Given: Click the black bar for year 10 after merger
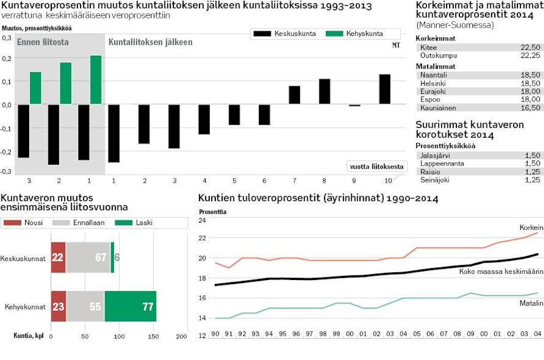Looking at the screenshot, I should [x=385, y=89].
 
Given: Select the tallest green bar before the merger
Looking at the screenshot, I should [x=96, y=79].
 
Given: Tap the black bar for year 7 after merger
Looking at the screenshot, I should [x=294, y=95].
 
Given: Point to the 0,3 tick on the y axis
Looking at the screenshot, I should [x=6, y=38].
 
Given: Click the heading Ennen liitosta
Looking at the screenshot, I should [x=43, y=42].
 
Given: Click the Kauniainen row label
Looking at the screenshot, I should [x=438, y=108].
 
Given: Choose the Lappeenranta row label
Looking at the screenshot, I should [x=442, y=164].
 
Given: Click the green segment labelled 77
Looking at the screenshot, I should [x=130, y=307].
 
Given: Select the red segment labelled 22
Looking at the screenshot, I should [x=58, y=257].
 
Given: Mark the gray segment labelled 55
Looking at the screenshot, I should [x=85, y=307].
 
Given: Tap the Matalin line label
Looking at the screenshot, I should [x=532, y=304].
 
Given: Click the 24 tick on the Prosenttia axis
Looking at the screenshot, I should [x=202, y=221].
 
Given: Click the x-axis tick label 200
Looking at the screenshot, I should [x=182, y=336].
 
